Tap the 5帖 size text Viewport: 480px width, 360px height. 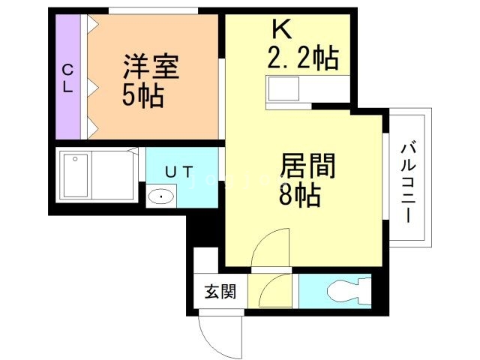[x=143, y=96]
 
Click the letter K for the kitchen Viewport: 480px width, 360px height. [x=280, y=29]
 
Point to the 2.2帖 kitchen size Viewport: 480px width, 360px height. [x=302, y=56]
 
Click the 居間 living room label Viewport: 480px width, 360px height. [x=307, y=165]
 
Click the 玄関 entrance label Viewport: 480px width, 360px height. [x=220, y=291]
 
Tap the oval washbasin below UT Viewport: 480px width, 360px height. [x=160, y=197]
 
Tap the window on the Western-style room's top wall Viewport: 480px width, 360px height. [x=154, y=10]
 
